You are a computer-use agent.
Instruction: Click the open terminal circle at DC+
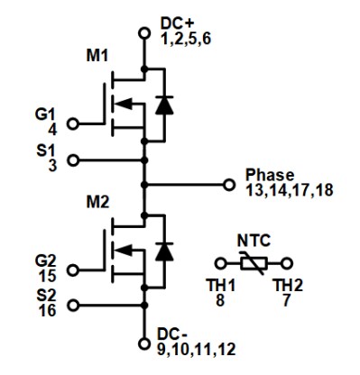pos(143,33)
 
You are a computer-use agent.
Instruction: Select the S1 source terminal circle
pos(73,161)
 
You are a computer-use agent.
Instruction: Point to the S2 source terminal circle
pos(73,304)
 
